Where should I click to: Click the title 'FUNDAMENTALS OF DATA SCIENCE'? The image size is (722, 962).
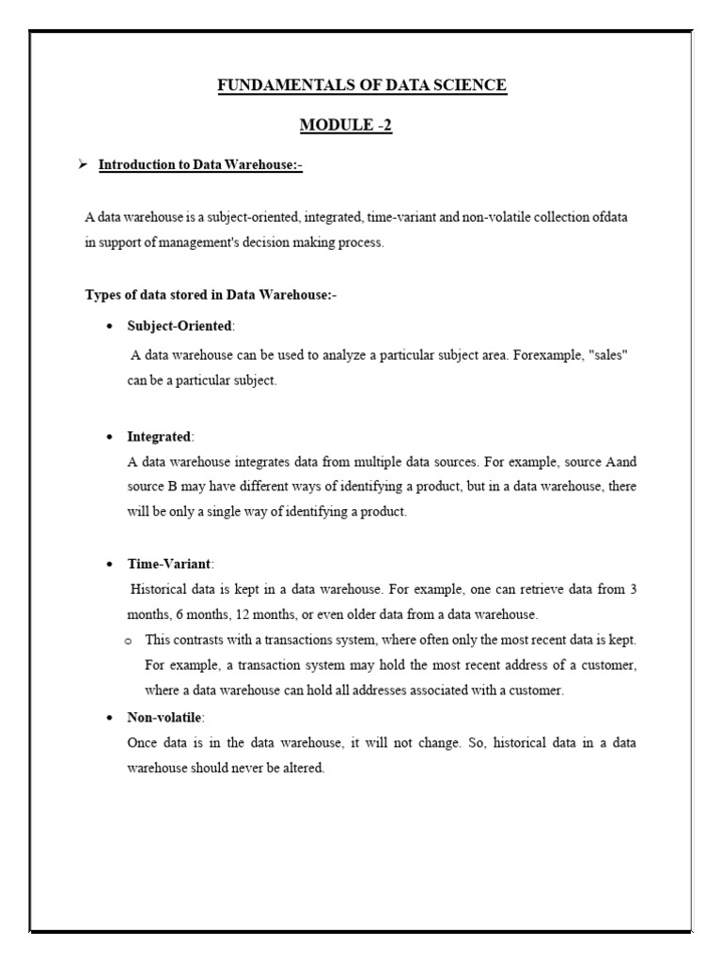362,85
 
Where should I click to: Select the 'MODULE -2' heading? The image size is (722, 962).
345,126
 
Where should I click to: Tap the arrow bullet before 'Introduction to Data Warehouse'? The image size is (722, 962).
82,165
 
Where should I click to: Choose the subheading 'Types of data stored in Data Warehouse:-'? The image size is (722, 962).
211,295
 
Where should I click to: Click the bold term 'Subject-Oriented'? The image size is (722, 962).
179,326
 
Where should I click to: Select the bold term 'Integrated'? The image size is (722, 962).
159,437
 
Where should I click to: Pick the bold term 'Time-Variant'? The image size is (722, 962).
170,564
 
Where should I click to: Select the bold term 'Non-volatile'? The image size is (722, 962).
165,717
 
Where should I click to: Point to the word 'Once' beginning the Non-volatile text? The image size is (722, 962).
141,742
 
